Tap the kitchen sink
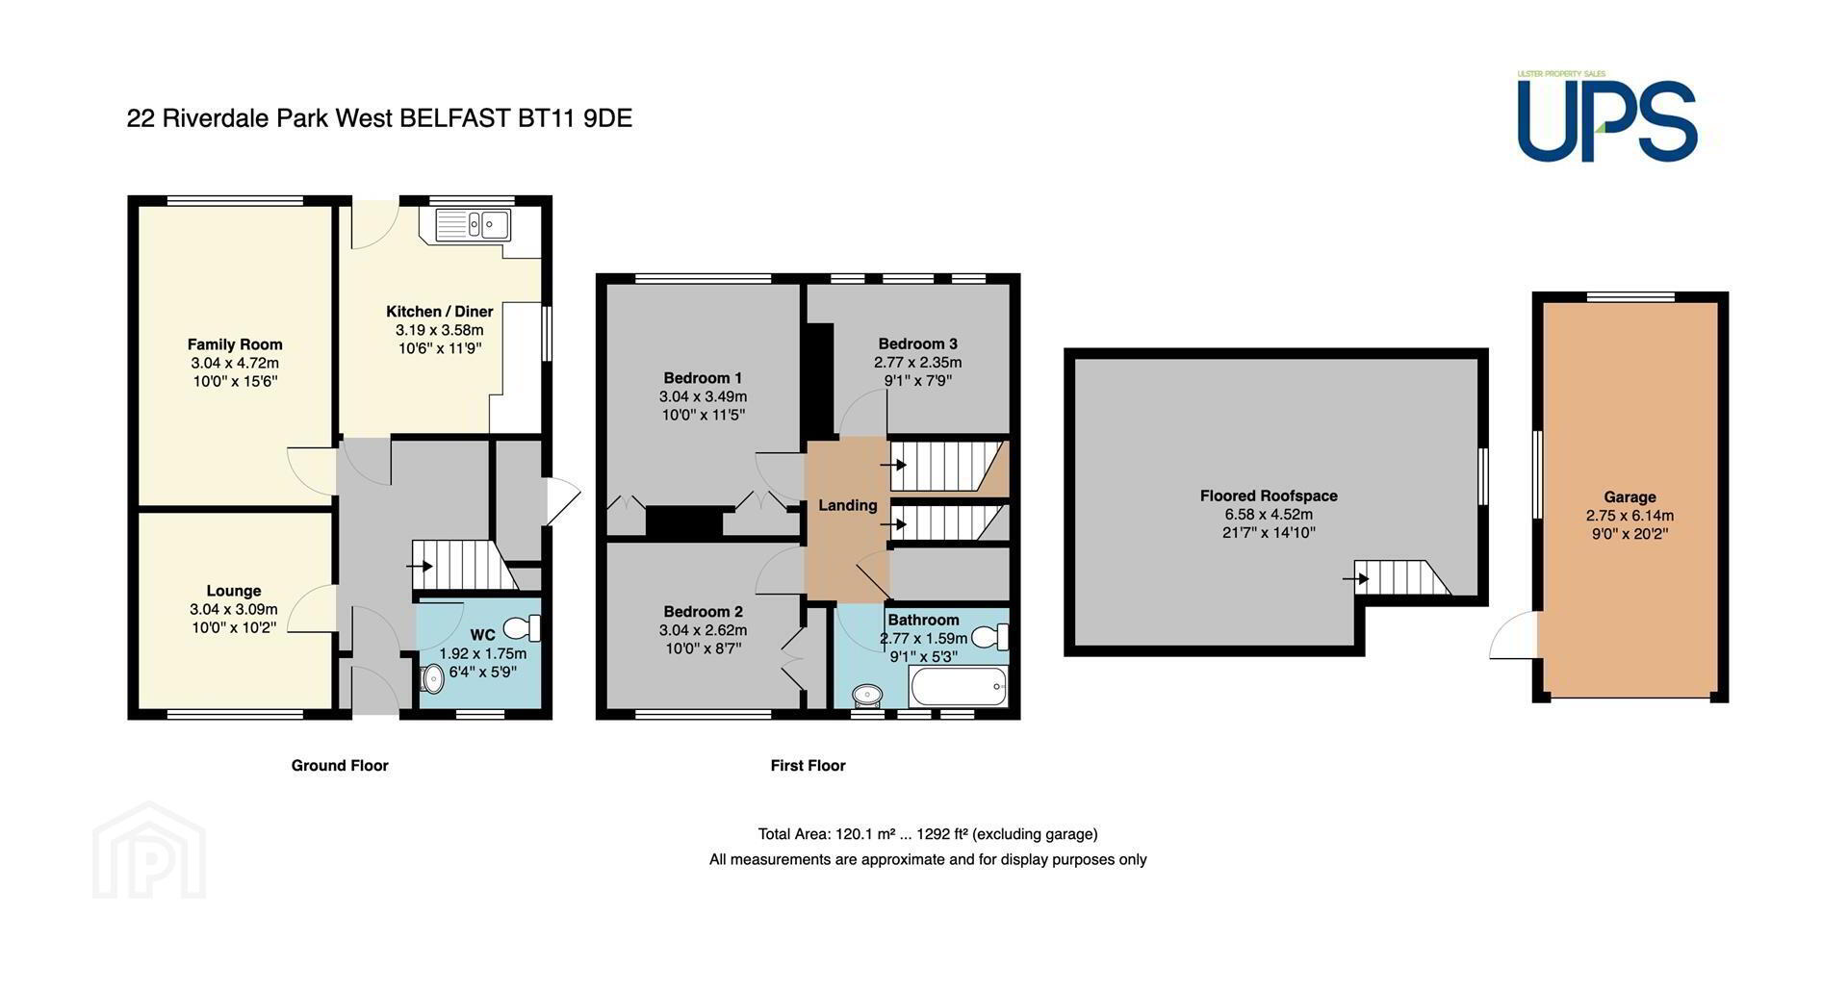click(474, 225)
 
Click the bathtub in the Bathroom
click(959, 688)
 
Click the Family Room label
click(235, 344)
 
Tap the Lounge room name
click(234, 591)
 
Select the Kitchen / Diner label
click(440, 312)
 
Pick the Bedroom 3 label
click(918, 343)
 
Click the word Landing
click(848, 505)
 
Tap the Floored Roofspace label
click(1269, 496)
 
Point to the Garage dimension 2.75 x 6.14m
click(1630, 516)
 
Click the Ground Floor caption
click(340, 766)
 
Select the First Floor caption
click(808, 766)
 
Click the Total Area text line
click(928, 834)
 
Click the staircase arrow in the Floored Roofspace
click(1357, 579)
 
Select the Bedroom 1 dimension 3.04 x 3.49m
click(703, 396)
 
